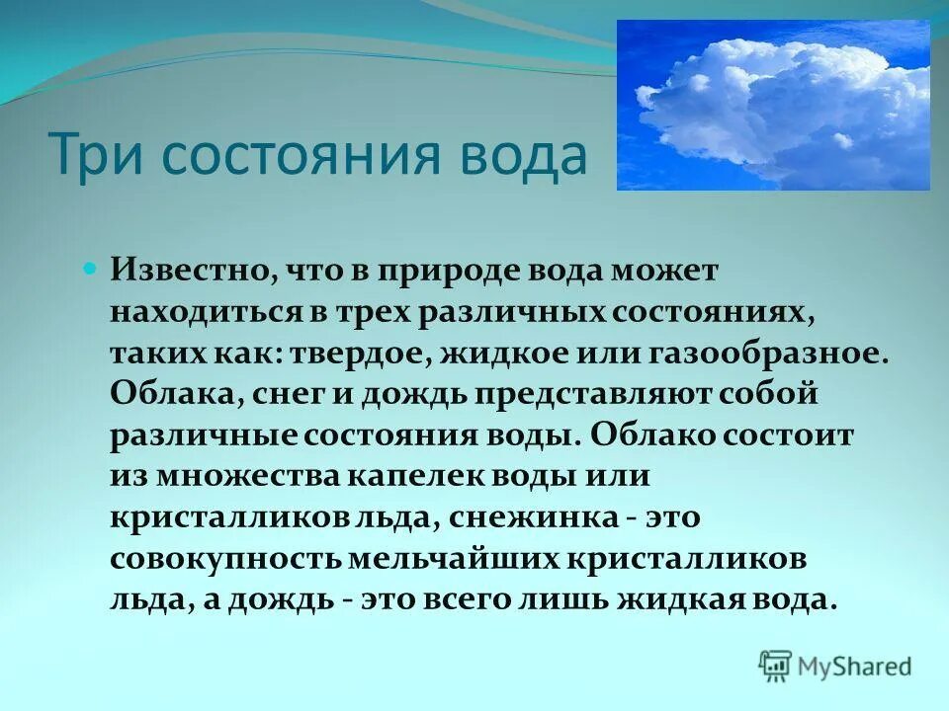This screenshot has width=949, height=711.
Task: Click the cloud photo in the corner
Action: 773,105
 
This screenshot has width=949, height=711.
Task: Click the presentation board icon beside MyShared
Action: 776,667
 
